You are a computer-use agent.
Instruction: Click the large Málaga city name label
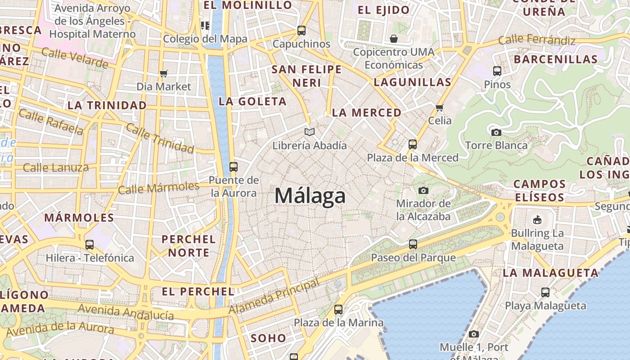point(310,196)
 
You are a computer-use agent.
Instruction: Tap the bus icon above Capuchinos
point(301,31)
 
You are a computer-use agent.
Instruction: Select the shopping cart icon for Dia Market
point(164,73)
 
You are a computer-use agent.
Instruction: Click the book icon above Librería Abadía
point(309,132)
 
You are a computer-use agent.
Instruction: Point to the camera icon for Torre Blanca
point(496,132)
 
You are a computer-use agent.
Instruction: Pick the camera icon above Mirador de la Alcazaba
point(423,190)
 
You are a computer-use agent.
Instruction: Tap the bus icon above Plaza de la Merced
point(413,144)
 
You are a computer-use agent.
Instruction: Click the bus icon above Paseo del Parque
point(413,244)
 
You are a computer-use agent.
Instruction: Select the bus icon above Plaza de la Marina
point(338,310)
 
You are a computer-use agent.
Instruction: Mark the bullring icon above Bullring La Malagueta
point(537,220)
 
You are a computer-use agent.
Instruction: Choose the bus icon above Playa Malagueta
point(545,292)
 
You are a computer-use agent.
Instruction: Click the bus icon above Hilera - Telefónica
point(90,245)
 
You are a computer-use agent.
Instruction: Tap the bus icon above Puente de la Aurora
point(233,167)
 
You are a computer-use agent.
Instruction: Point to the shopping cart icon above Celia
point(440,108)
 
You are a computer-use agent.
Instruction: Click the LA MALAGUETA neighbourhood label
point(550,273)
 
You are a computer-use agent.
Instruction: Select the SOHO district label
point(268,338)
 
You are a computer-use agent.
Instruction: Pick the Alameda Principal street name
point(274,297)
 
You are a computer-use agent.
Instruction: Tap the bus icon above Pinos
point(497,71)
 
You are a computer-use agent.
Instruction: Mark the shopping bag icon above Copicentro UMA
point(394,39)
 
